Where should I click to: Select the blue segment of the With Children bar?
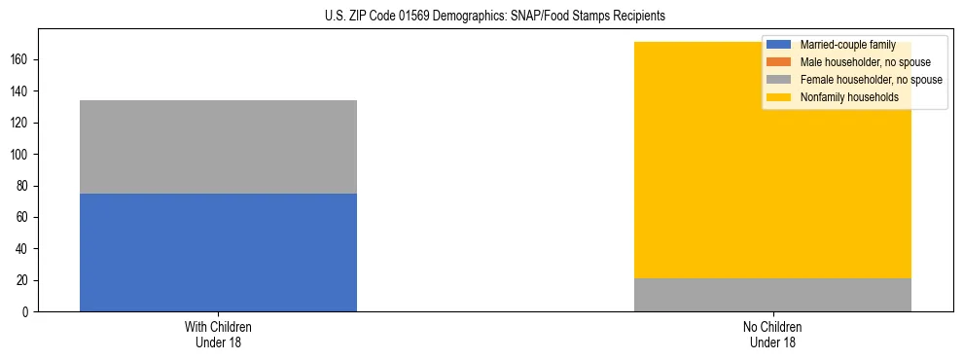218,252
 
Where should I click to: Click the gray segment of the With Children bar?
218,147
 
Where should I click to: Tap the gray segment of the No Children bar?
772,295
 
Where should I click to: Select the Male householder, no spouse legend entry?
851,62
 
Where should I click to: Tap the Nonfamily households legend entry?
840,97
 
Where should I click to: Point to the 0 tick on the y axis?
28,312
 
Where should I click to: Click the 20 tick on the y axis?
25,280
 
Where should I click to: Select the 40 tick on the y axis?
25,249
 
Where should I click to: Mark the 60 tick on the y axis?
25,217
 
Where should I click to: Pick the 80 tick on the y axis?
25,186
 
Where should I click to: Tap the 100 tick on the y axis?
22,155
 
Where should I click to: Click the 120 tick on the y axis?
22,123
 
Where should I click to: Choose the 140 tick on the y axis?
22,91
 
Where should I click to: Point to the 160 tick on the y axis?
22,59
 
